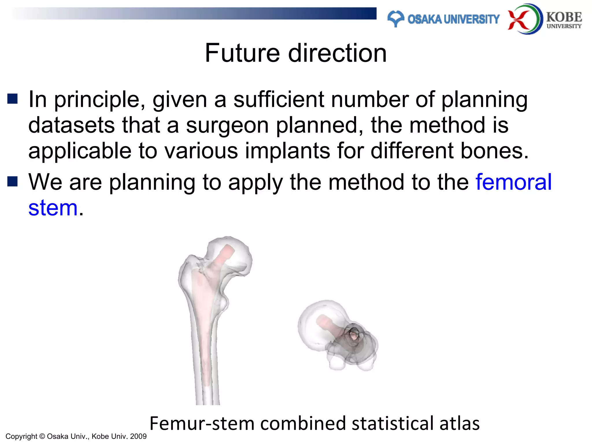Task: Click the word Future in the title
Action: (242, 53)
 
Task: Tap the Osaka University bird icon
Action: (395, 18)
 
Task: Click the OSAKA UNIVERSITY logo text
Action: (453, 19)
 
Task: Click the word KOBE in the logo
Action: (564, 17)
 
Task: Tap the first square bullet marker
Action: (12, 99)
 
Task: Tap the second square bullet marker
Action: (12, 182)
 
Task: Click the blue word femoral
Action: (514, 182)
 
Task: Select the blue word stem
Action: (53, 208)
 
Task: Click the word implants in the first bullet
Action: (287, 151)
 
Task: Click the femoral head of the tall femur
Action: (231, 254)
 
